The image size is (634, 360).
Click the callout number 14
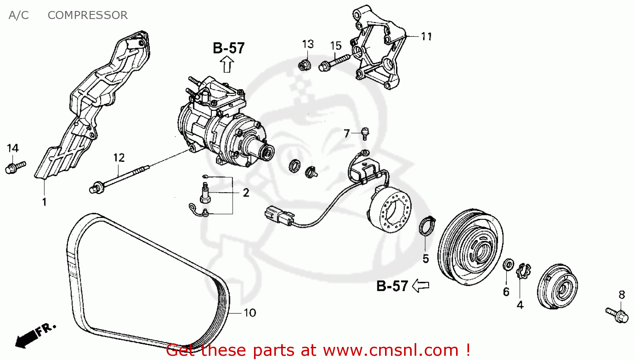click(13, 148)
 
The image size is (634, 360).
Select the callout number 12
click(119, 158)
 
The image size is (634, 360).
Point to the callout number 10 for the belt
click(250, 313)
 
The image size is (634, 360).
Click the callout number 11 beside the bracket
click(426, 37)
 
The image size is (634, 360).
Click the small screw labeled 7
click(365, 134)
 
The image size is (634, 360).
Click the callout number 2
click(246, 193)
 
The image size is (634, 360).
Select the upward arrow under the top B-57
click(227, 65)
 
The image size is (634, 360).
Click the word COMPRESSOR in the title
click(87, 15)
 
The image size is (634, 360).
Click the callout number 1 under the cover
click(44, 202)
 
